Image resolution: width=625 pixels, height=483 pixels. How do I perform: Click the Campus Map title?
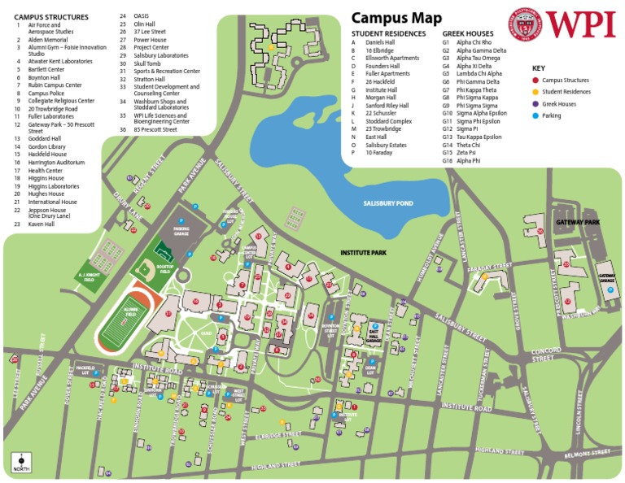click(396, 18)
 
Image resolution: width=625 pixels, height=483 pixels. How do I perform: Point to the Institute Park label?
click(362, 254)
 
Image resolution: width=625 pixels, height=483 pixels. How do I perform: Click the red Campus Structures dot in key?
click(535, 80)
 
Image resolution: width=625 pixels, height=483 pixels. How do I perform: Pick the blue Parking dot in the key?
click(535, 115)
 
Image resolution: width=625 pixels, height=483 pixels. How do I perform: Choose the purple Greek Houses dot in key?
click(535, 104)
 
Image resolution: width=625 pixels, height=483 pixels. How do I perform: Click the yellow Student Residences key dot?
click(535, 92)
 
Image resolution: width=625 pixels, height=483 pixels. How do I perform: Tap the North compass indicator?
click(19, 463)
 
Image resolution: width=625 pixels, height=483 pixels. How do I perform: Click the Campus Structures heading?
click(50, 16)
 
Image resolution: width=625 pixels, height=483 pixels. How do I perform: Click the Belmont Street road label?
click(588, 452)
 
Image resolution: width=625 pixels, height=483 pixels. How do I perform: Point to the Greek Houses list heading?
click(468, 33)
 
